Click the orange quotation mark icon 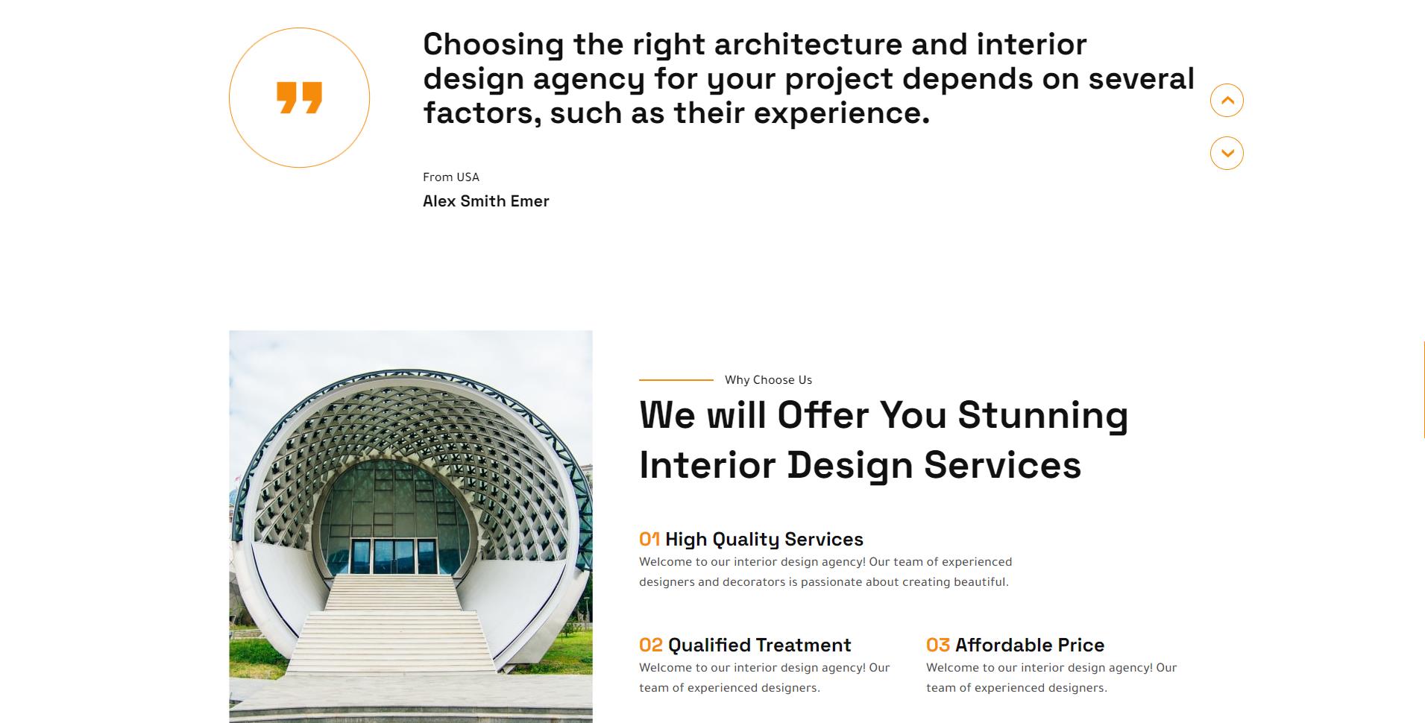(299, 98)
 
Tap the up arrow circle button (1227, 100)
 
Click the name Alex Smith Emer (485, 201)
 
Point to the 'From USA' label (451, 177)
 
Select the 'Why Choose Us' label (768, 379)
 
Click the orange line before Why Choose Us (676, 379)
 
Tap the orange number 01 (649, 539)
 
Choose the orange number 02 (651, 645)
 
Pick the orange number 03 (938, 645)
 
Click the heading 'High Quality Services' (764, 539)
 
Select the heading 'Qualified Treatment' (759, 645)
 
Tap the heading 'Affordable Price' (1030, 645)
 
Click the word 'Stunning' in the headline (1042, 416)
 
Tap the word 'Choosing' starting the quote (493, 45)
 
